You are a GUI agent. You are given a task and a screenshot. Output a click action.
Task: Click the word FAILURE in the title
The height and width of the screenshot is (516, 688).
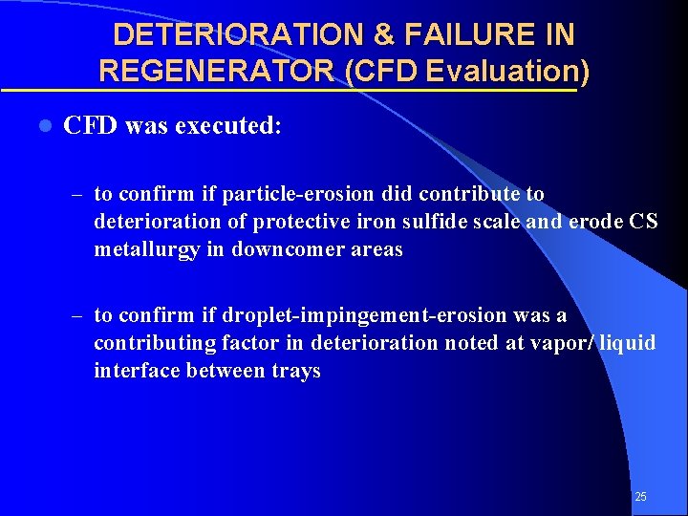click(460, 35)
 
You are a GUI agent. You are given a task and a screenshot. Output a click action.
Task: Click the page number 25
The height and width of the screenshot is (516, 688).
click(640, 497)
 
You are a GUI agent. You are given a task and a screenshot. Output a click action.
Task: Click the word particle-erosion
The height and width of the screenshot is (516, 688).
click(295, 194)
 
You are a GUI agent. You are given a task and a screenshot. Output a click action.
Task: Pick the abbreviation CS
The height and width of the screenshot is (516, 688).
click(643, 222)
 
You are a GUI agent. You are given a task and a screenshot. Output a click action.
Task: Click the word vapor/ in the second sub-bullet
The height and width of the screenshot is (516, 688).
click(570, 342)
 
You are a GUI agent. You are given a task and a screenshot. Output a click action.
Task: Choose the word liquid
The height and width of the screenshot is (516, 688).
click(630, 342)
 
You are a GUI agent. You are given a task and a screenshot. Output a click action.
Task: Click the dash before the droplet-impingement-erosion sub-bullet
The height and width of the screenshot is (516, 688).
click(76, 315)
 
